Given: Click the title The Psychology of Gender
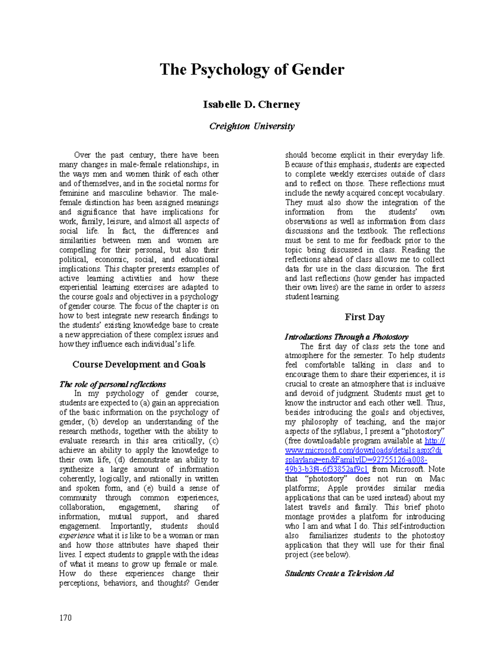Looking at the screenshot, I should coord(252,70).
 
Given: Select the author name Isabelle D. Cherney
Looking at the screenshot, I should coord(251,105).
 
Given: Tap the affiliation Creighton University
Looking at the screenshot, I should coord(252,126).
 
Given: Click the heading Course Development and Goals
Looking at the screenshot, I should coord(139,364).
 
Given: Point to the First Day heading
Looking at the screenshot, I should coord(364,317).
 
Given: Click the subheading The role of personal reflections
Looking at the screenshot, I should coord(112,384).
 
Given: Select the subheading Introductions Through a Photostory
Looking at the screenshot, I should coord(346,337).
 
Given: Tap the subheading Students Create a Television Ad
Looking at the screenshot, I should coord(339,573).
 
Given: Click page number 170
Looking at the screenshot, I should coord(66,618).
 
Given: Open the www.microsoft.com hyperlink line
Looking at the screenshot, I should coord(363,450).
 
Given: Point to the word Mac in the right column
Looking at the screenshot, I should coord(437,479).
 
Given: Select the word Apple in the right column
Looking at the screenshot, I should coord(337,488).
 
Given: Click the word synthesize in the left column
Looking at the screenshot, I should coord(76,469).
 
